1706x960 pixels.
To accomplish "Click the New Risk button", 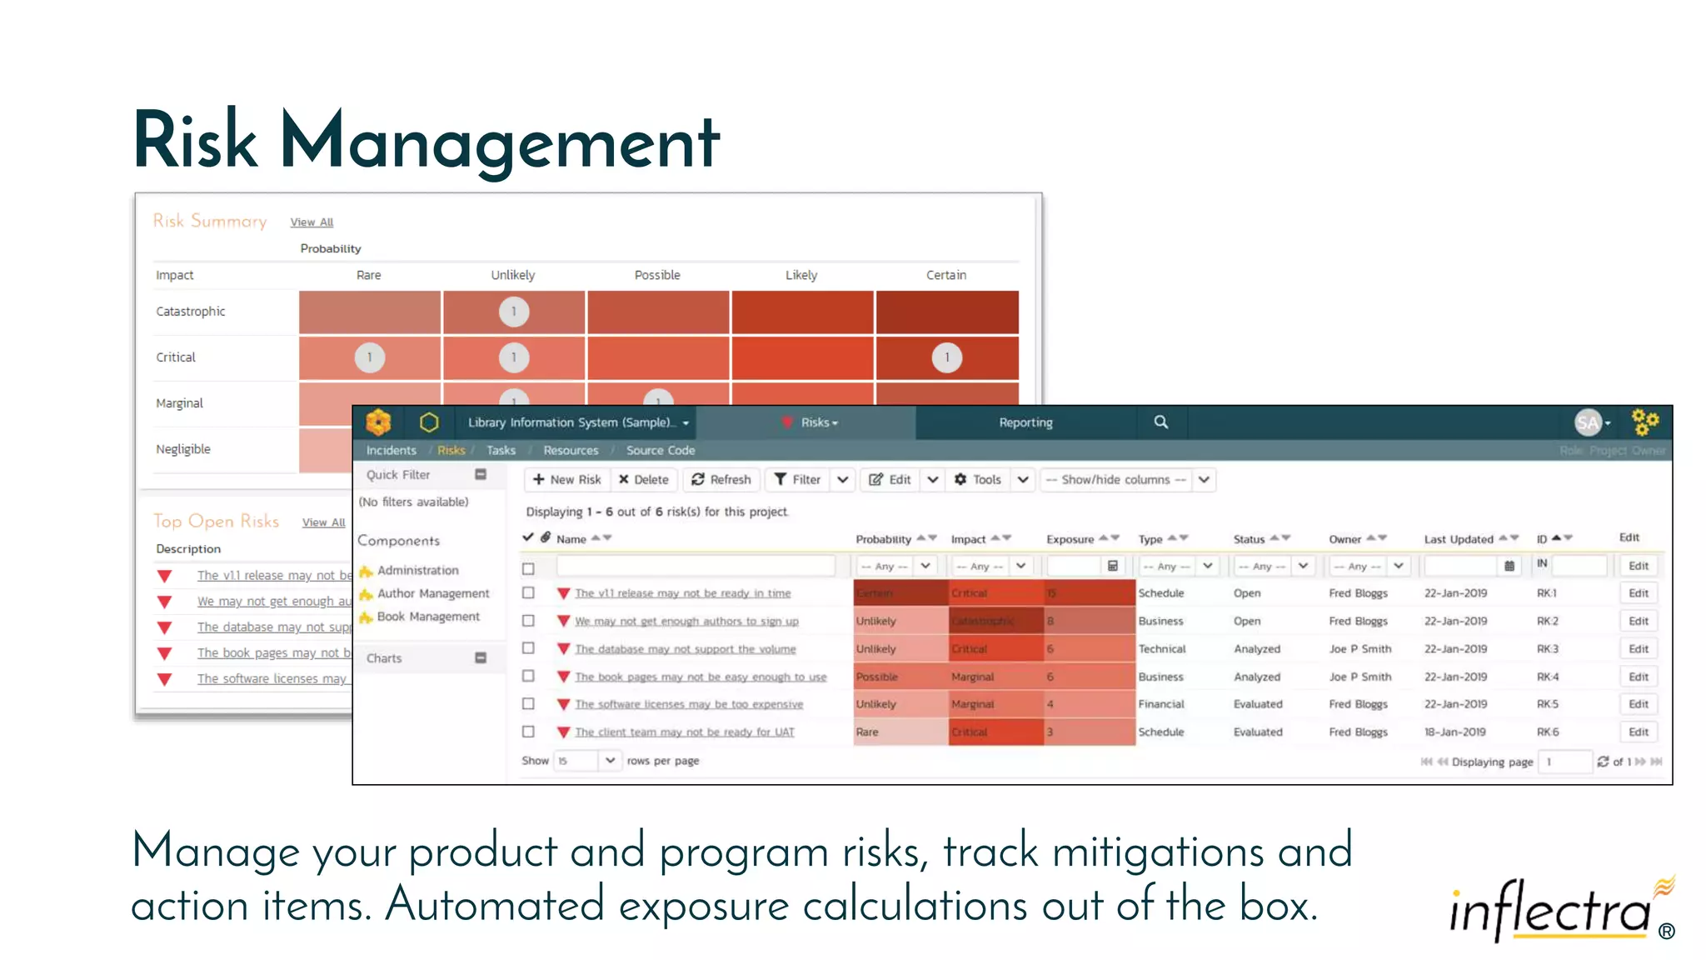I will tap(566, 479).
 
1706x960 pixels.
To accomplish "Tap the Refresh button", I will tap(721, 479).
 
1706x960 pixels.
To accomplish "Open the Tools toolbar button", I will tap(978, 479).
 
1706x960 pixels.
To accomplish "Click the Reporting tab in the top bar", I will tap(1025, 422).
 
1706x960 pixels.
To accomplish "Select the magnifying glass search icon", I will tap(1160, 422).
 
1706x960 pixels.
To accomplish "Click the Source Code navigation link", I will tap(660, 450).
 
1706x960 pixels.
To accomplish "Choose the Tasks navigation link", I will tap(501, 450).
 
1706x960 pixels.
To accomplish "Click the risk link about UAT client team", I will tap(684, 732).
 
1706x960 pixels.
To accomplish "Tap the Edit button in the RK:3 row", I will tap(1638, 648).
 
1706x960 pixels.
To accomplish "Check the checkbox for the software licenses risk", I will tap(528, 704).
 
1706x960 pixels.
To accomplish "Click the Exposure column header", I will tap(1070, 539).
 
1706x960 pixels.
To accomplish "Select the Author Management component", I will tap(432, 593).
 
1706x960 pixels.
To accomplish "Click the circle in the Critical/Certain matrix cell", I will tap(946, 357).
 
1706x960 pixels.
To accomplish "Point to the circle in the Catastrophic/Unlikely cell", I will tap(514, 312).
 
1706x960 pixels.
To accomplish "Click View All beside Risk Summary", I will tap(312, 222).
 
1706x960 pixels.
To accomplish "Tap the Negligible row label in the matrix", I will tap(183, 449).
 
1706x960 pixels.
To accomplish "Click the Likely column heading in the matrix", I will tap(801, 275).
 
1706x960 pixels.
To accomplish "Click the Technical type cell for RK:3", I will tap(1161, 648).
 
